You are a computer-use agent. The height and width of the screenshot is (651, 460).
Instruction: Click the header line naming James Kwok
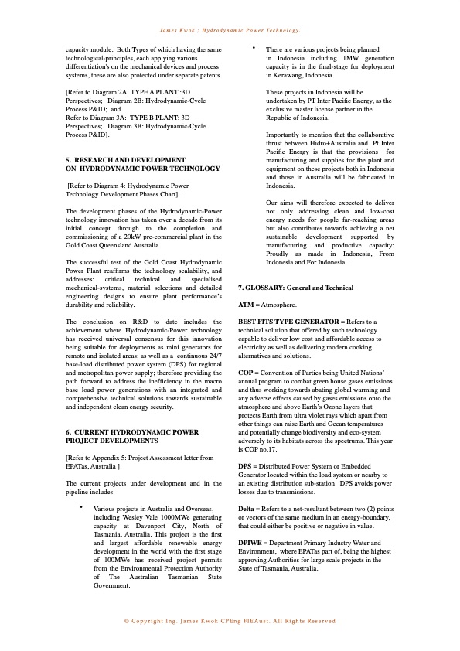pyautogui.click(x=230, y=30)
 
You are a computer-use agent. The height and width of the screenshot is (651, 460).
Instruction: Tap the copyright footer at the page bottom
pyautogui.click(x=230, y=621)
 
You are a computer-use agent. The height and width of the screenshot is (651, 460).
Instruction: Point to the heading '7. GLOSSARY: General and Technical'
pyautogui.click(x=295, y=287)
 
